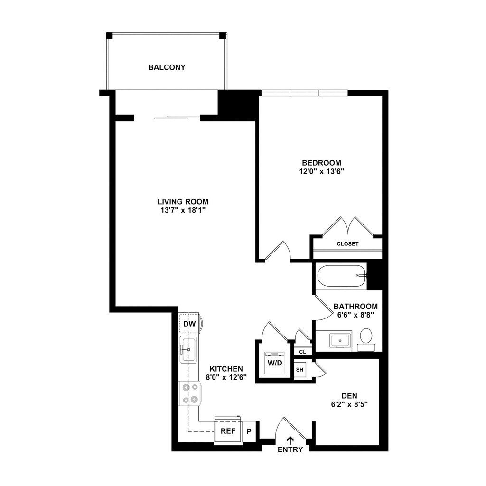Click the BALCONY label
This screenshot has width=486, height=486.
click(167, 67)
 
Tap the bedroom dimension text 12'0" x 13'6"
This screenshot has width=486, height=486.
click(319, 172)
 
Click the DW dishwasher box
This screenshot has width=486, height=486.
click(189, 324)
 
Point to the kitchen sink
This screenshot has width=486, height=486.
click(188, 350)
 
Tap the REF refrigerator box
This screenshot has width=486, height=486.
click(227, 431)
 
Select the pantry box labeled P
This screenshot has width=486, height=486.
click(249, 432)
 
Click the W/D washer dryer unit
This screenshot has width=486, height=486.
click(275, 363)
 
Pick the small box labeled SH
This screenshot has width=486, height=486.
click(300, 370)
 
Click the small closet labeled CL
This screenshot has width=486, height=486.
click(302, 352)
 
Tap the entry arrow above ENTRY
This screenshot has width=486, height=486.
click(290, 440)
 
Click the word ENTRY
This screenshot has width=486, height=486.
click(290, 449)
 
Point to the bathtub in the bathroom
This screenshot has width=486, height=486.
click(342, 276)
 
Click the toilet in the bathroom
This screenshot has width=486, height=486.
click(366, 338)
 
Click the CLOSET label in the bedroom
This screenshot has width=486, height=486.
click(347, 244)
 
